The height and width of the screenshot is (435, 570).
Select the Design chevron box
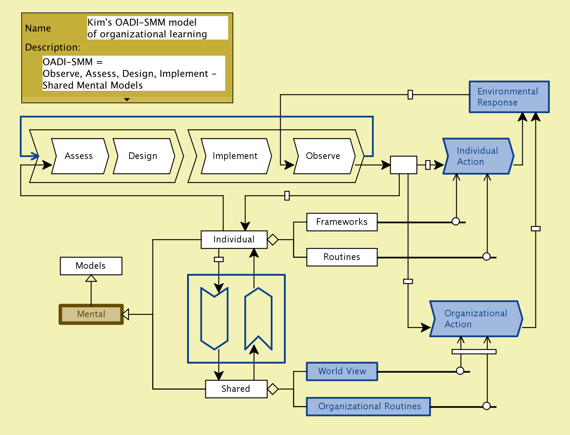(x=143, y=156)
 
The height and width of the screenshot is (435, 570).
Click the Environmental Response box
(x=509, y=97)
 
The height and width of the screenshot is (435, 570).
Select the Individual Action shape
(x=478, y=156)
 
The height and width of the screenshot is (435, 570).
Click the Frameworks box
(x=341, y=222)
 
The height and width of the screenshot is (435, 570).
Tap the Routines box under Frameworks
(x=341, y=257)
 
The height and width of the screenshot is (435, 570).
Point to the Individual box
(x=234, y=239)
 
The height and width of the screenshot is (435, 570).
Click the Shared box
(x=236, y=389)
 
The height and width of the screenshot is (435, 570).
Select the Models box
(x=91, y=266)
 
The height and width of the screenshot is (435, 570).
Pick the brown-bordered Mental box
(x=91, y=314)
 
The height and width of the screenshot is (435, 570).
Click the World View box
(x=342, y=371)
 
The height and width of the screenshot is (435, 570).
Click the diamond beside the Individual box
(x=273, y=239)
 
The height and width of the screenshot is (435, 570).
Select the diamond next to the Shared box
(x=273, y=389)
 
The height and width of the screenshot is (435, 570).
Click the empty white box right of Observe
(x=403, y=165)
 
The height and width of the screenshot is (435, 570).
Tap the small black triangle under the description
(x=127, y=100)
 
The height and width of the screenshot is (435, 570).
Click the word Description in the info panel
(x=52, y=48)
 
